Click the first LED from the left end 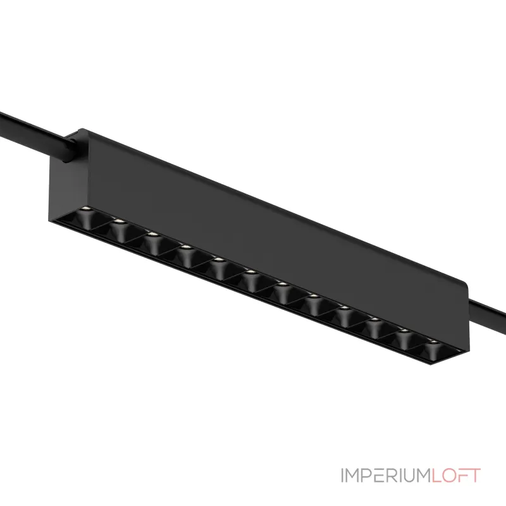[x=85, y=209]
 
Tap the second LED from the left [x=119, y=221]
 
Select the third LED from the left [x=152, y=234]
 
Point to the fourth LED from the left [x=185, y=247]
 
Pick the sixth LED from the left [x=250, y=273]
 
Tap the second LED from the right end [x=405, y=331]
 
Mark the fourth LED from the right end [x=344, y=308]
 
